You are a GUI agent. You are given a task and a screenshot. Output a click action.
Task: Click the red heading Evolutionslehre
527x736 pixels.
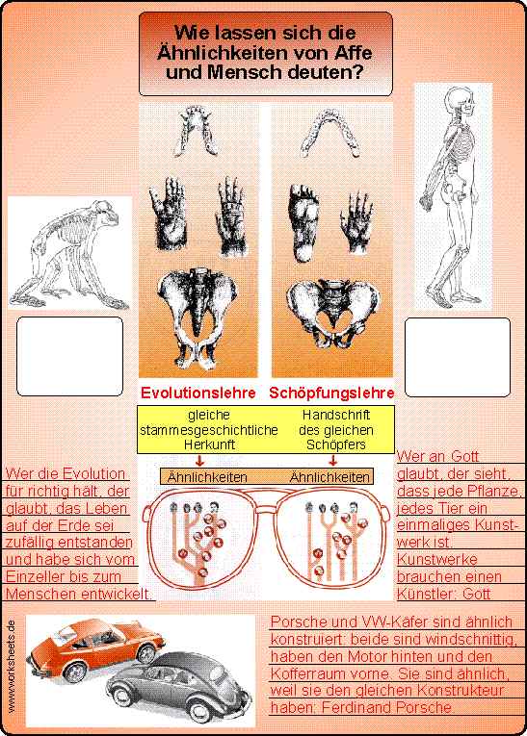pyautogui.click(x=198, y=393)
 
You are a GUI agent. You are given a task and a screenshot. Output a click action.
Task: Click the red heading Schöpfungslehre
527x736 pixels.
pyautogui.click(x=331, y=393)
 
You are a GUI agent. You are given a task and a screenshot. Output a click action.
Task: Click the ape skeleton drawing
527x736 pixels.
pyautogui.click(x=68, y=253)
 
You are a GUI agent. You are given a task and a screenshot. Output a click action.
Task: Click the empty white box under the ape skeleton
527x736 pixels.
pyautogui.click(x=69, y=356)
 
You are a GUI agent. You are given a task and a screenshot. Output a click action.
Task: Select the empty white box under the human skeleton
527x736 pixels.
pyautogui.click(x=458, y=357)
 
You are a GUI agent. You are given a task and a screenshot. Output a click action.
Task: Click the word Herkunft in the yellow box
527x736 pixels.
pyautogui.click(x=209, y=444)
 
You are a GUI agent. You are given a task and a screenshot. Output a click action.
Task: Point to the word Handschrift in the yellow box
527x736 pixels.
pyautogui.click(x=335, y=415)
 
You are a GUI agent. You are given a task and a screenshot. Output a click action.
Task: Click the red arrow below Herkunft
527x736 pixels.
pyautogui.click(x=199, y=460)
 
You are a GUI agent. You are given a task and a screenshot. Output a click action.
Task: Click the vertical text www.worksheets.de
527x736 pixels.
pyautogui.click(x=12, y=666)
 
